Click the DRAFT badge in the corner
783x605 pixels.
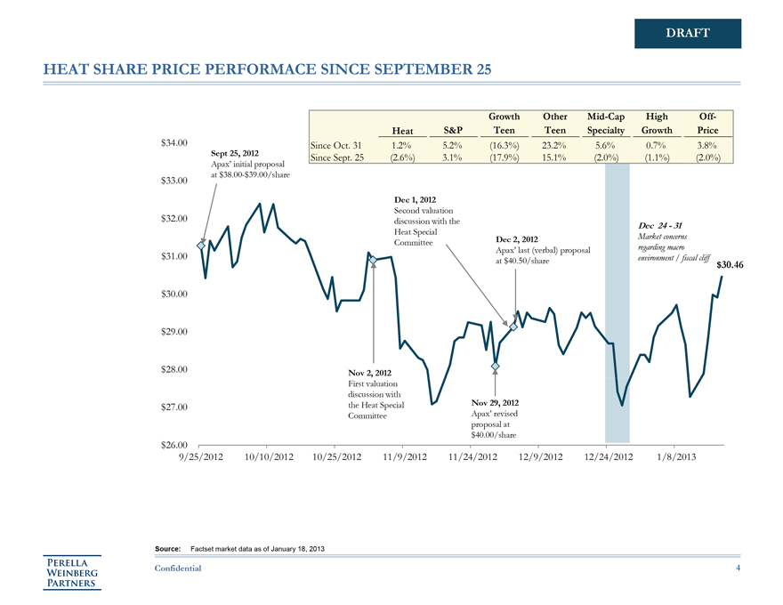688,34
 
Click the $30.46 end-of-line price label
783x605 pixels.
730,265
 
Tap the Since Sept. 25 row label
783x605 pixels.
339,158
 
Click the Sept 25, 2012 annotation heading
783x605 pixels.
235,154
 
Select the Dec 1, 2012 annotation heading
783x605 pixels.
414,199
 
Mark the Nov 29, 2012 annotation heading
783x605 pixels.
494,402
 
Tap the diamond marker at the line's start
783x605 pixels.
201,246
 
